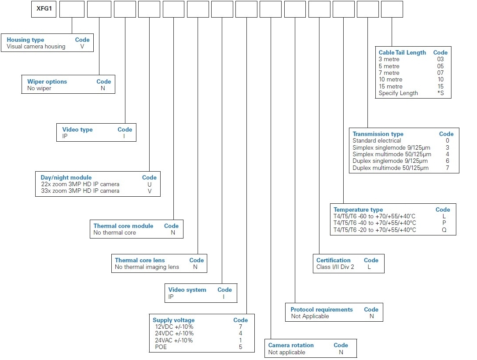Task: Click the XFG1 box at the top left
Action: coord(44,9)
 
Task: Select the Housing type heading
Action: coord(25,40)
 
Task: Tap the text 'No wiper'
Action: coord(39,88)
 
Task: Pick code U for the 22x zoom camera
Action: coord(149,184)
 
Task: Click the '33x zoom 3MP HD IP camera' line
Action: coord(81,191)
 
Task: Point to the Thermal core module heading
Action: coord(123,226)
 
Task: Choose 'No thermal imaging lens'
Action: coord(147,267)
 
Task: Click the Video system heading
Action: coord(187,290)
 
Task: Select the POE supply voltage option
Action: coord(161,347)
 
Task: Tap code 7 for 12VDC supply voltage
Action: coord(240,327)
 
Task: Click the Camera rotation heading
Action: coord(291,345)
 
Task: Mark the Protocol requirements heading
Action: coord(322,309)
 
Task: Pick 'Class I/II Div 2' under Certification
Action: coord(335,267)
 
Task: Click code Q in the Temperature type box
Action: coord(444,230)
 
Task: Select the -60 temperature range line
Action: coord(374,217)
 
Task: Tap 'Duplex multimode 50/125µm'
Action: coord(391,168)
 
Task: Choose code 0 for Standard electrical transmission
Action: coord(448,140)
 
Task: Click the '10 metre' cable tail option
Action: coord(391,79)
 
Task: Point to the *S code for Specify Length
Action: coord(440,93)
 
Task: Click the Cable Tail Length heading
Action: coord(402,53)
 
